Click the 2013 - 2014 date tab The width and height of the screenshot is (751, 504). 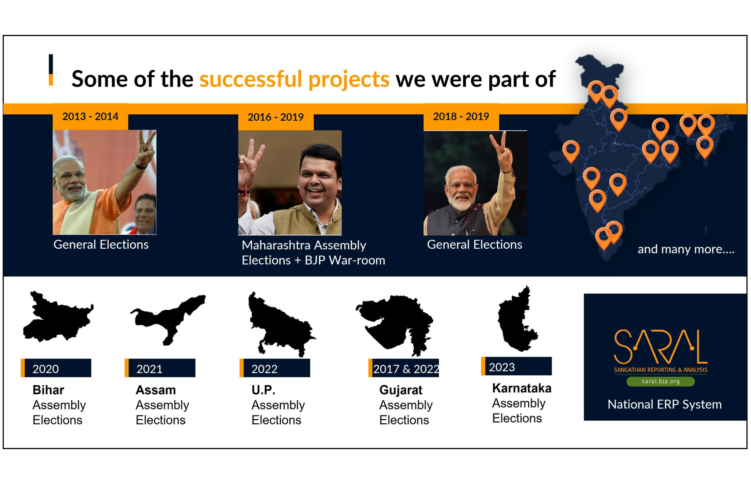pos(90,116)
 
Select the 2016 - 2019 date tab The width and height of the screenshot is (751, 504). pos(275,117)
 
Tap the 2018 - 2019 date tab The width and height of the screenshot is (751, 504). pos(461,116)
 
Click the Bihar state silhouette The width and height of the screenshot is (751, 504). pos(58,317)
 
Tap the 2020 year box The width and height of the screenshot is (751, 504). pos(56,368)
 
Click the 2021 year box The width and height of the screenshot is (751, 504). pos(160,368)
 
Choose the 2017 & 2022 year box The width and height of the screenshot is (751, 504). pos(403,368)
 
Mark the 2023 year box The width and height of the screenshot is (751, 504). pos(516,366)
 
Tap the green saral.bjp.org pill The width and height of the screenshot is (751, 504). pos(660,382)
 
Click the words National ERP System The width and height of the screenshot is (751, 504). pos(664,404)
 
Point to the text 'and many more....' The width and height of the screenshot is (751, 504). pos(686,249)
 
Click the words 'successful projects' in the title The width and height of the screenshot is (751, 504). pos(294,79)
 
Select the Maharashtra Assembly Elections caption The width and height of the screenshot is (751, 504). pos(313,253)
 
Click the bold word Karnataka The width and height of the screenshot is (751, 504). pos(522,388)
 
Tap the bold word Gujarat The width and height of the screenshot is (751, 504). pos(400,390)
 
